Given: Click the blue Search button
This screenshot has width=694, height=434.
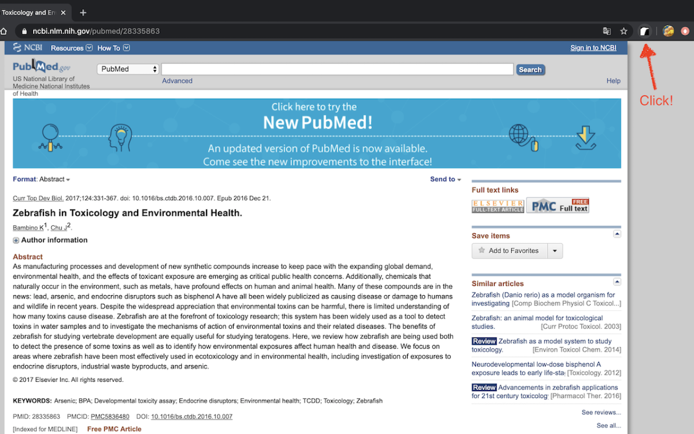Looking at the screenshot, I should [x=530, y=69].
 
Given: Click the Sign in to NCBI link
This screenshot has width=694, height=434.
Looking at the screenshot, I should [x=593, y=48].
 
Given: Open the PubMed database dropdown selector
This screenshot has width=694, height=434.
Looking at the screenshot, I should [x=128, y=69].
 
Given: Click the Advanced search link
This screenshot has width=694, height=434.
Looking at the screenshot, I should [x=177, y=81].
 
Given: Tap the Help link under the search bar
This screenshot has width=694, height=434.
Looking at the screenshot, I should [x=613, y=81].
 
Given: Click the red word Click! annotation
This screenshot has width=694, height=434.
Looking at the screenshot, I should [x=656, y=101].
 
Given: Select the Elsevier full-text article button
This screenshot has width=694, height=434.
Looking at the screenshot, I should [x=498, y=206].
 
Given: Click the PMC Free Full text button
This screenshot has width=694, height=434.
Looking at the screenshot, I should [x=558, y=205].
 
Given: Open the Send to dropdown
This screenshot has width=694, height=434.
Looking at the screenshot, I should [x=445, y=179].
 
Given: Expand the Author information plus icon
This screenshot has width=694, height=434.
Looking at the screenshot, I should [x=16, y=241].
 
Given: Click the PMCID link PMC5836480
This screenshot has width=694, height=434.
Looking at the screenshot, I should [x=110, y=417].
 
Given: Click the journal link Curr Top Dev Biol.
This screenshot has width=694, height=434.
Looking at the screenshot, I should [x=38, y=198].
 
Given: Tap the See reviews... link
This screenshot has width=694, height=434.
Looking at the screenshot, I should [x=601, y=413].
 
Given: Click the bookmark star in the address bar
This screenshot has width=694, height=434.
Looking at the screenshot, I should [x=623, y=31].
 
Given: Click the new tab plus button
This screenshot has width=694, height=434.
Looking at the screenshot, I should [x=83, y=13].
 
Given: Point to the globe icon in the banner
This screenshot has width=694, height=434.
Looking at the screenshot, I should [x=519, y=134].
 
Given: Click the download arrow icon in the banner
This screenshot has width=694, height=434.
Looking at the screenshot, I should [x=585, y=137].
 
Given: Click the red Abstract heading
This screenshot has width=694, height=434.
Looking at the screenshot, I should [x=28, y=257].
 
